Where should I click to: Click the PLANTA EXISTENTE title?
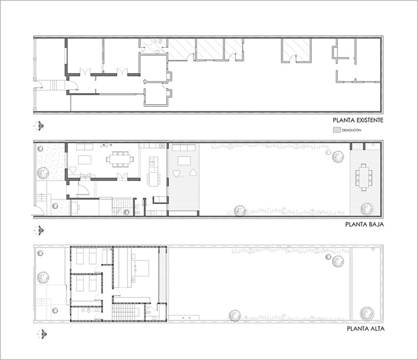click(x=358, y=120)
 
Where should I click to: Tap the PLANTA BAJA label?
click(x=364, y=225)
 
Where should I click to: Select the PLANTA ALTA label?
click(x=366, y=329)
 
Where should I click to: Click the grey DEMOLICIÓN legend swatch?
click(x=337, y=130)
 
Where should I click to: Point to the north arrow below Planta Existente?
click(x=40, y=126)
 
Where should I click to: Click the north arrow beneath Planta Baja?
click(x=40, y=231)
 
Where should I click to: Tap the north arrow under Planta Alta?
click(x=42, y=334)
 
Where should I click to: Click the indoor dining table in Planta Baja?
click(x=120, y=159)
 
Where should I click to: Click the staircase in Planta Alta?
click(x=125, y=312)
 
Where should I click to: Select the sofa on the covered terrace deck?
click(x=184, y=148)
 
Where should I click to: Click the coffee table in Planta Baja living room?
click(x=85, y=160)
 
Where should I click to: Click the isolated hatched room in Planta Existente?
click(x=296, y=50)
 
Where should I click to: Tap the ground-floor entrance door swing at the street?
click(x=39, y=210)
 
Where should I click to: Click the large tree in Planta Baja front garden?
click(x=43, y=173)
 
